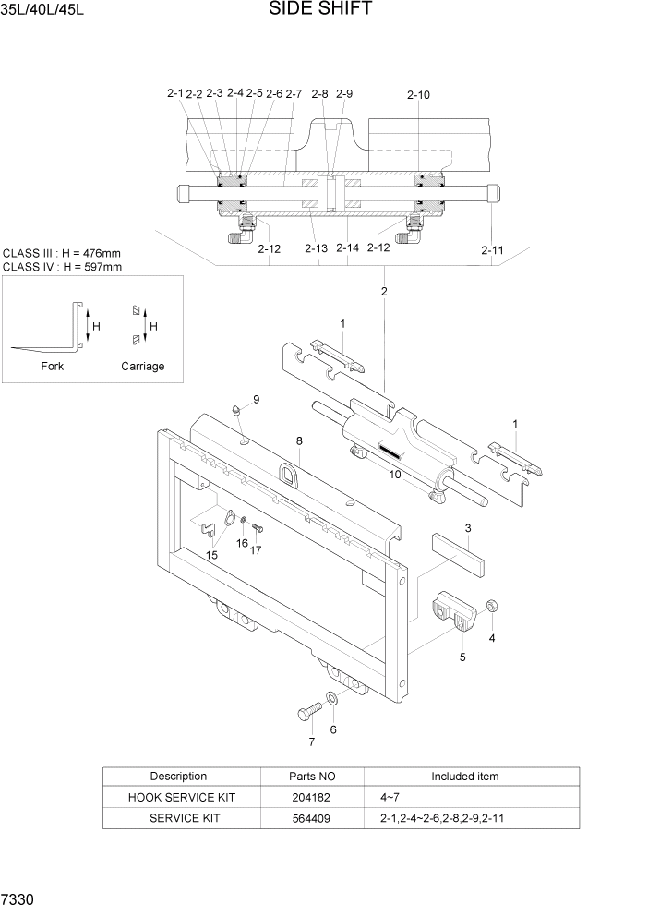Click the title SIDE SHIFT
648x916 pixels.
321,10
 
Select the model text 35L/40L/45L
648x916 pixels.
42,11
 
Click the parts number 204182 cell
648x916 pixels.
309,797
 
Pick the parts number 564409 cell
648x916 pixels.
309,818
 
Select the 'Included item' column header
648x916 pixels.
464,777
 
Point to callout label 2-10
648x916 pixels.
417,94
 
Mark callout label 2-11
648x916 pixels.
492,249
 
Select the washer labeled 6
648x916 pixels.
332,699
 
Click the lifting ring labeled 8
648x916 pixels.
287,476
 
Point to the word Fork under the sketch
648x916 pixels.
53,366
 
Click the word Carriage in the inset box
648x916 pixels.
142,366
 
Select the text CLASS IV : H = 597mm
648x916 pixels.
63,267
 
